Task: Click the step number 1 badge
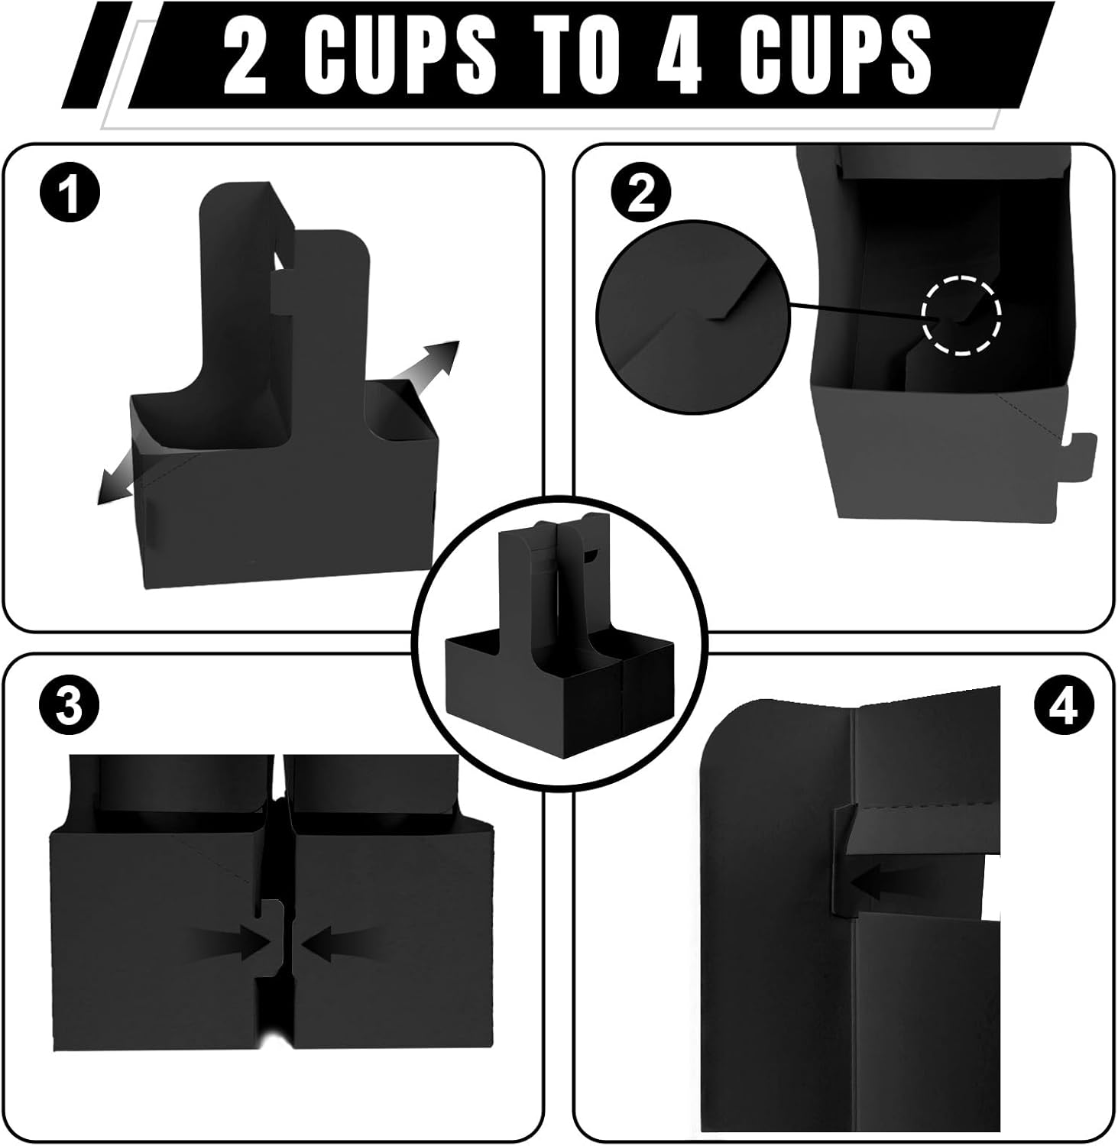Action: click(69, 195)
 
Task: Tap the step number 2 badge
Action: click(640, 195)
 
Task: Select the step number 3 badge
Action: click(69, 707)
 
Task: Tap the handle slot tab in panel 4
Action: click(841, 859)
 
